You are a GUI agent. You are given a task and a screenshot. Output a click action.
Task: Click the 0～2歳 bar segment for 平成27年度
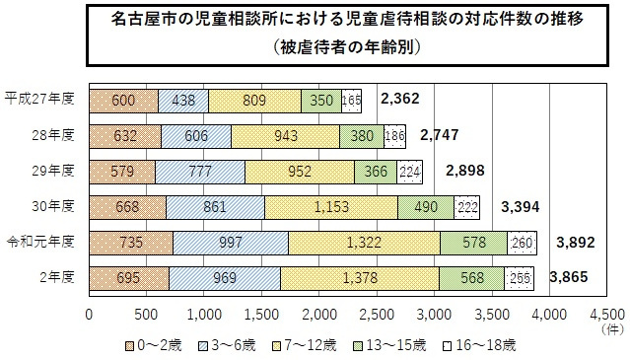123,100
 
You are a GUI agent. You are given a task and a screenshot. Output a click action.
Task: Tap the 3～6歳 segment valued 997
230,242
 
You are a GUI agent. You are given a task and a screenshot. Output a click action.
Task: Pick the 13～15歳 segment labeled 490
425,206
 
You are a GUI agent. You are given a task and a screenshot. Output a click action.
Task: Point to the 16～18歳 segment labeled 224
409,171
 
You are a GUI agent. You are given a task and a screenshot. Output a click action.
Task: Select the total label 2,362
401,99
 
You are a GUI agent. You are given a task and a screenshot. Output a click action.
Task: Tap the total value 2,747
441,135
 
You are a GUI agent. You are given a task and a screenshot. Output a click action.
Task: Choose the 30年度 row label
53,206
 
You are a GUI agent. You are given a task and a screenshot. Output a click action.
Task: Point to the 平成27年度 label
39,100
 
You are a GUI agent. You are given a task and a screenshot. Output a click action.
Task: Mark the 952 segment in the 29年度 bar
299,171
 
